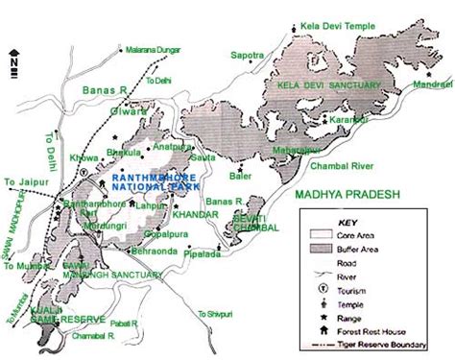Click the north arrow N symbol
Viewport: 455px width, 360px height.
[13, 60]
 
